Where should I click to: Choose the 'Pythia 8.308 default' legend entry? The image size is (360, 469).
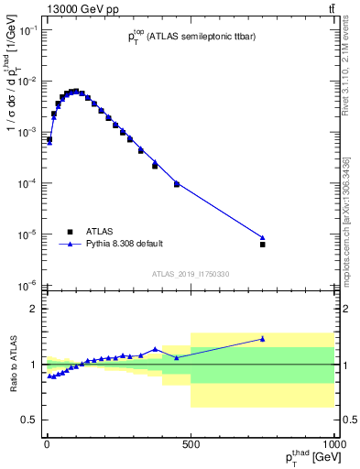(x=124, y=245)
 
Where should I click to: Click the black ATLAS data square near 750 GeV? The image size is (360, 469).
(x=262, y=245)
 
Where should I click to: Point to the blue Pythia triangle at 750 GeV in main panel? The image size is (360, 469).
(x=262, y=237)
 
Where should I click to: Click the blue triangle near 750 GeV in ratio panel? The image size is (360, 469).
(x=262, y=339)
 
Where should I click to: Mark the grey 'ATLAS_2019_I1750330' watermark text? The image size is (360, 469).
(x=191, y=274)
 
